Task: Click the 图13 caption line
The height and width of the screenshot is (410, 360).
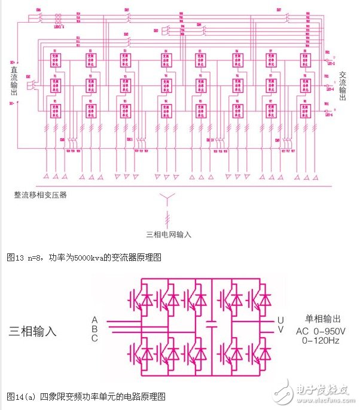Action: click(84, 258)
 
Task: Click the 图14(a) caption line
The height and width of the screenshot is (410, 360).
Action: click(86, 396)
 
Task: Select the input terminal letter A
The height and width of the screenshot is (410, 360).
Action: click(94, 319)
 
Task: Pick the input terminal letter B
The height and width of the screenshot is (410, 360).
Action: click(94, 329)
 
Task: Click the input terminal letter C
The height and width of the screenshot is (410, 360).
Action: click(94, 338)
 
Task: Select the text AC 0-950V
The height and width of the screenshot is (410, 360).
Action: click(321, 331)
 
